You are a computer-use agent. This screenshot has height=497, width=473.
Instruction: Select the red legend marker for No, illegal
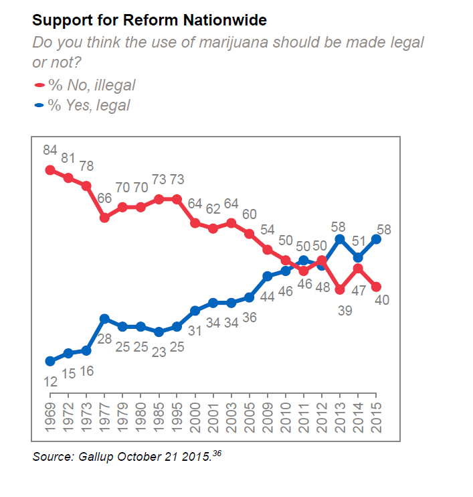click(x=38, y=85)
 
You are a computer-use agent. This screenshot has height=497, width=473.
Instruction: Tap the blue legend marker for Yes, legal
click(x=38, y=106)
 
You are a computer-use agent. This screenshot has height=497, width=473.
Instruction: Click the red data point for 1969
click(x=50, y=170)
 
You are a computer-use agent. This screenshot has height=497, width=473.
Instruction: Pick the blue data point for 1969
click(x=50, y=361)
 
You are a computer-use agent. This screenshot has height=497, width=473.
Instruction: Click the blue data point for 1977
click(x=105, y=319)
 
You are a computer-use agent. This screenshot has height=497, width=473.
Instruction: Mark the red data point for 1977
click(x=105, y=218)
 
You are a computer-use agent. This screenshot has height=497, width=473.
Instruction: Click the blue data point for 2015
click(x=376, y=238)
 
